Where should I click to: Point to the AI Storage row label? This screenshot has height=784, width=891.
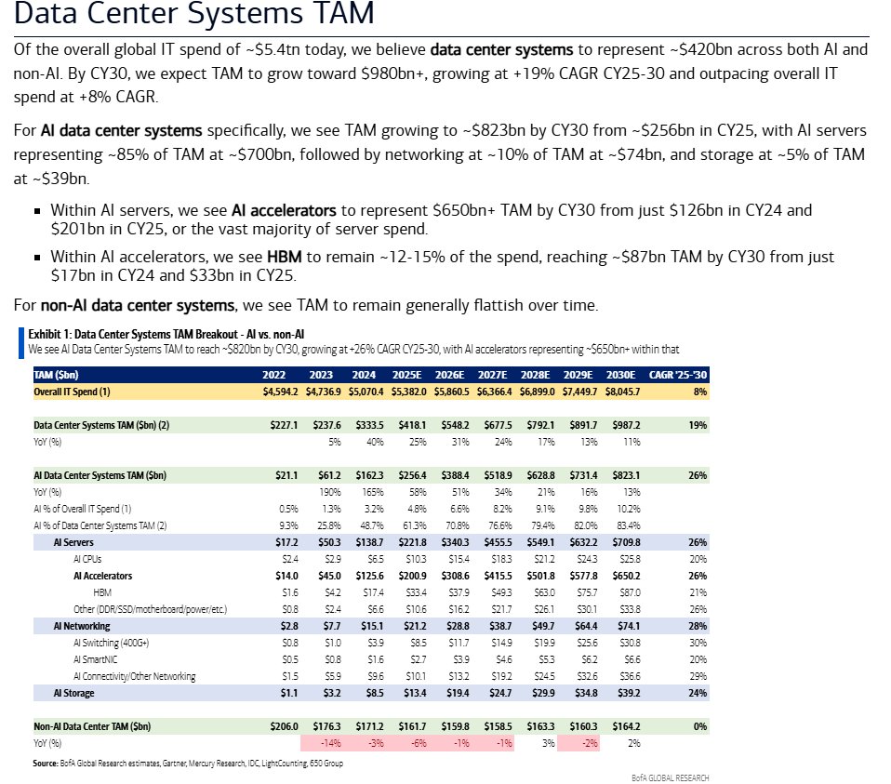74,693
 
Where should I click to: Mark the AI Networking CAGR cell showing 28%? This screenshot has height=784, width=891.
695,626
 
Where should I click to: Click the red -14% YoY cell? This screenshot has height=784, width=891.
328,743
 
